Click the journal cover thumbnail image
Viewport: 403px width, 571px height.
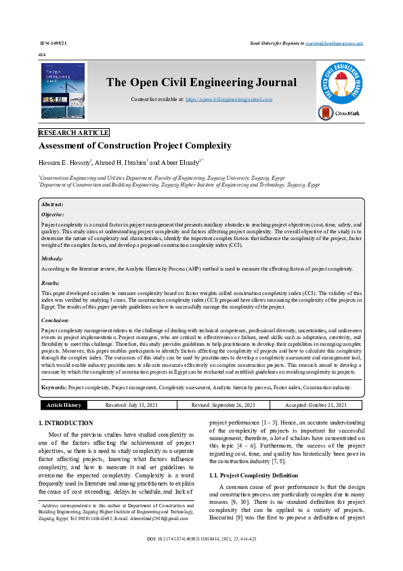tap(63, 92)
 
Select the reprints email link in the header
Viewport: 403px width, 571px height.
tap(335, 43)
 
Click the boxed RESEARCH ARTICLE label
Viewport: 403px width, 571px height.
tap(74, 133)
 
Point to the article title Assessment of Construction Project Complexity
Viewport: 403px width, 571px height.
tap(135, 146)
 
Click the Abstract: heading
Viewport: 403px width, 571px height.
tap(52, 204)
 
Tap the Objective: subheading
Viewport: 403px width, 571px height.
tap(53, 214)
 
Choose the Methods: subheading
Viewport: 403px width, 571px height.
tap(52, 258)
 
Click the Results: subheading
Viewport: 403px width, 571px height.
tap(51, 282)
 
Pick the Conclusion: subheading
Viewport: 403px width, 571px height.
tap(55, 319)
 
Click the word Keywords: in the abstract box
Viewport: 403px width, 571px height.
tap(54, 387)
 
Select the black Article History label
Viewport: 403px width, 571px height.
tap(64, 405)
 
